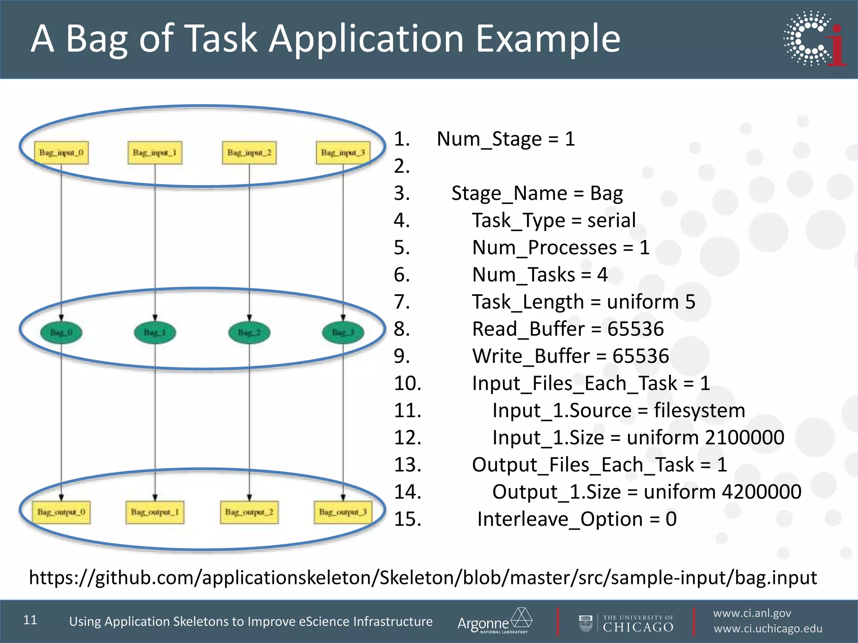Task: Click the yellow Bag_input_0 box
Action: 61,152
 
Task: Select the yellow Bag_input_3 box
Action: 343,152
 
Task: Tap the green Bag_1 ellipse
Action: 155,332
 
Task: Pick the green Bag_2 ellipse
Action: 249,332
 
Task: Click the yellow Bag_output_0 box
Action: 61,512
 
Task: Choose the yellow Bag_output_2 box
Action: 249,512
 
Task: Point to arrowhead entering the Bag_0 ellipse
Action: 61,318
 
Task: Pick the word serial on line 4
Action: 611,220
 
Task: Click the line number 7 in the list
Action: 401,302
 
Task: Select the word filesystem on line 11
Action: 699,410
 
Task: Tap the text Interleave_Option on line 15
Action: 560,519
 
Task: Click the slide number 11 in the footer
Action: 30,620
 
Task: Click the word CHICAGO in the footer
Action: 638,627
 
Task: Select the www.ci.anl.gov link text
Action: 752,613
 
